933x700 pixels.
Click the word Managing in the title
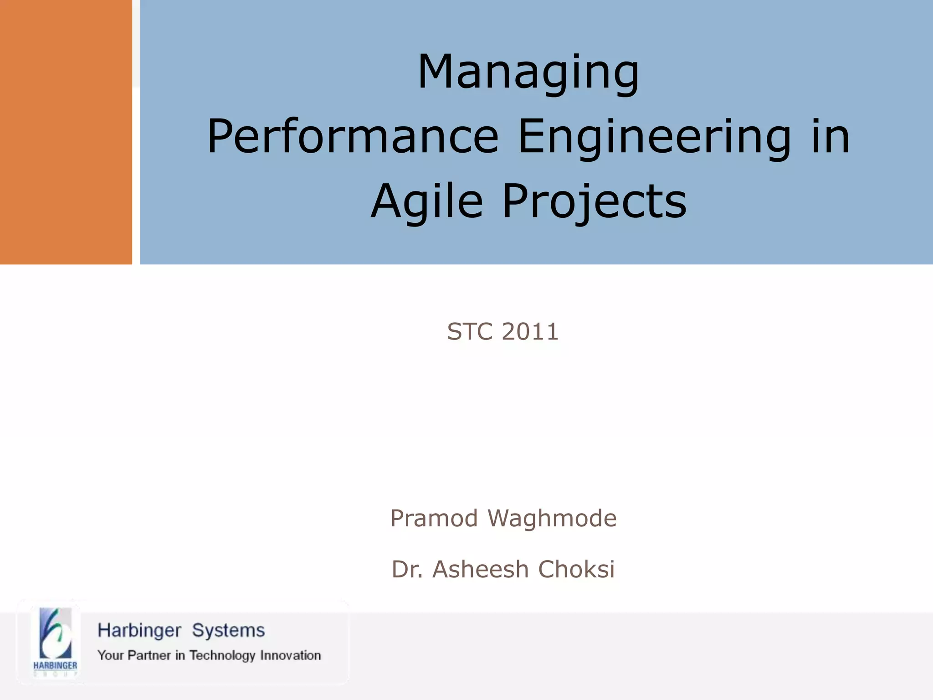pyautogui.click(x=528, y=73)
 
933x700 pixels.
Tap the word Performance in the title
pyautogui.click(x=353, y=137)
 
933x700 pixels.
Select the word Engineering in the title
pyautogui.click(x=655, y=137)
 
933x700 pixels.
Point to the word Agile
pyautogui.click(x=427, y=201)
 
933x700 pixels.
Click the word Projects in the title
pyautogui.click(x=594, y=201)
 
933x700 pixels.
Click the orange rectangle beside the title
pyautogui.click(x=66, y=132)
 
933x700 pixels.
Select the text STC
pyautogui.click(x=470, y=332)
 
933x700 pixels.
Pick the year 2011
pyautogui.click(x=530, y=332)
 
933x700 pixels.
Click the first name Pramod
pyautogui.click(x=434, y=519)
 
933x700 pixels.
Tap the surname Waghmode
pyautogui.click(x=552, y=519)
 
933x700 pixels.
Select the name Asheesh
pyautogui.click(x=480, y=570)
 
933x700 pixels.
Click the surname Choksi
pyautogui.click(x=577, y=570)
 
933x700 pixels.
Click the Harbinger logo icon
pyautogui.click(x=55, y=633)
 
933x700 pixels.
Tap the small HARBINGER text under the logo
pyautogui.click(x=55, y=665)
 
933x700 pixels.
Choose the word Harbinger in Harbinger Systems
pyautogui.click(x=139, y=631)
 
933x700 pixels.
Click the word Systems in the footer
pyautogui.click(x=228, y=631)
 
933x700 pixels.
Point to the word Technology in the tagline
pyautogui.click(x=222, y=656)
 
